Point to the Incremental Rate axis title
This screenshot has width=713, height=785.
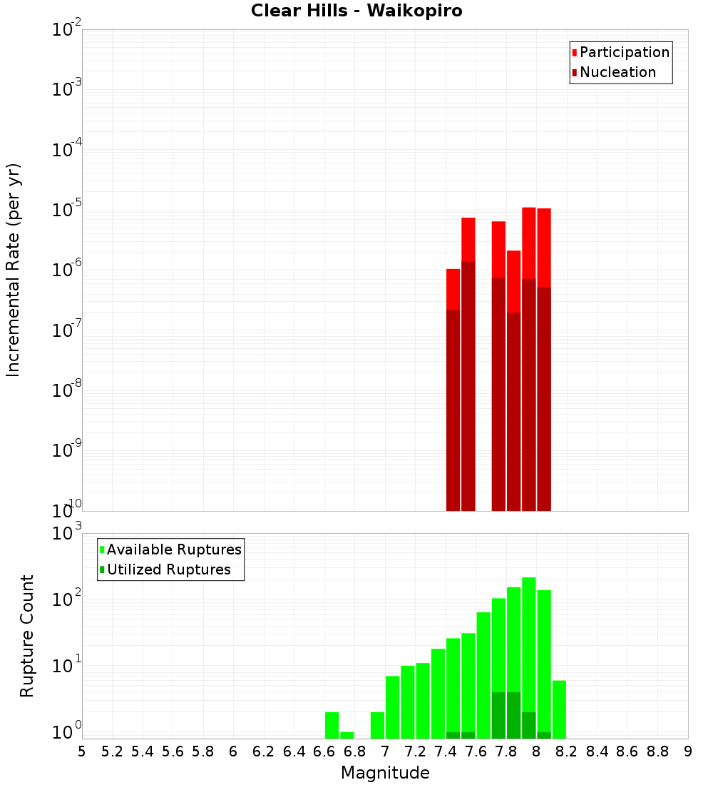click(x=13, y=270)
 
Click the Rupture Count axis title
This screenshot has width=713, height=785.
click(x=27, y=635)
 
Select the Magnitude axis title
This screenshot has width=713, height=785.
click(x=385, y=773)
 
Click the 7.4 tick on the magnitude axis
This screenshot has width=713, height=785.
click(x=446, y=751)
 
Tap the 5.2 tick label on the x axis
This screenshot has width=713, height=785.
click(x=112, y=751)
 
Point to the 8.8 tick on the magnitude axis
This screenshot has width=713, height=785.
click(x=657, y=751)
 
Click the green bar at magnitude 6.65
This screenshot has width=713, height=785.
click(x=332, y=725)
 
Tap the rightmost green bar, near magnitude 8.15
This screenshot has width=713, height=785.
click(x=559, y=709)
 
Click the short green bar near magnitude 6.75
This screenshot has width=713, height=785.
click(x=347, y=735)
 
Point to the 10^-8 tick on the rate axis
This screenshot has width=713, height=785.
click(x=67, y=391)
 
